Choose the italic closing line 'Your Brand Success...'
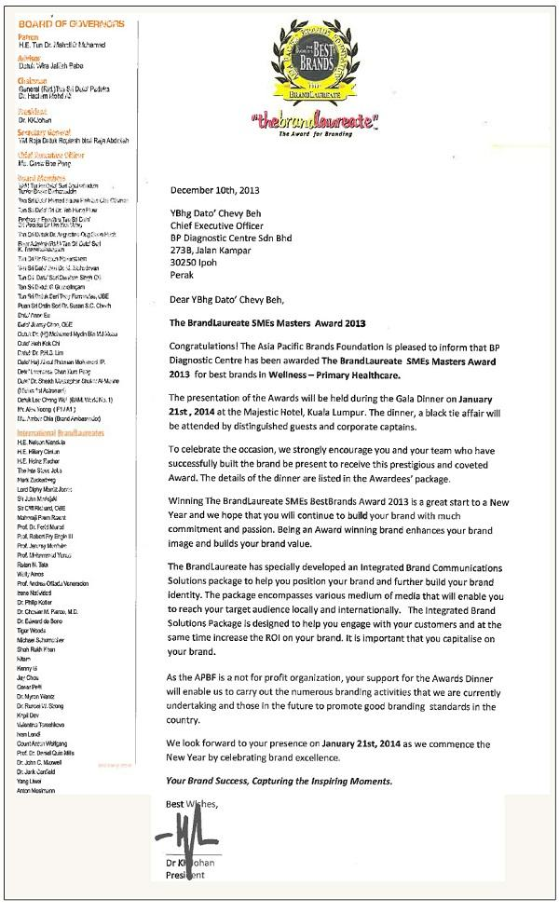pyautogui.click(x=280, y=780)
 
